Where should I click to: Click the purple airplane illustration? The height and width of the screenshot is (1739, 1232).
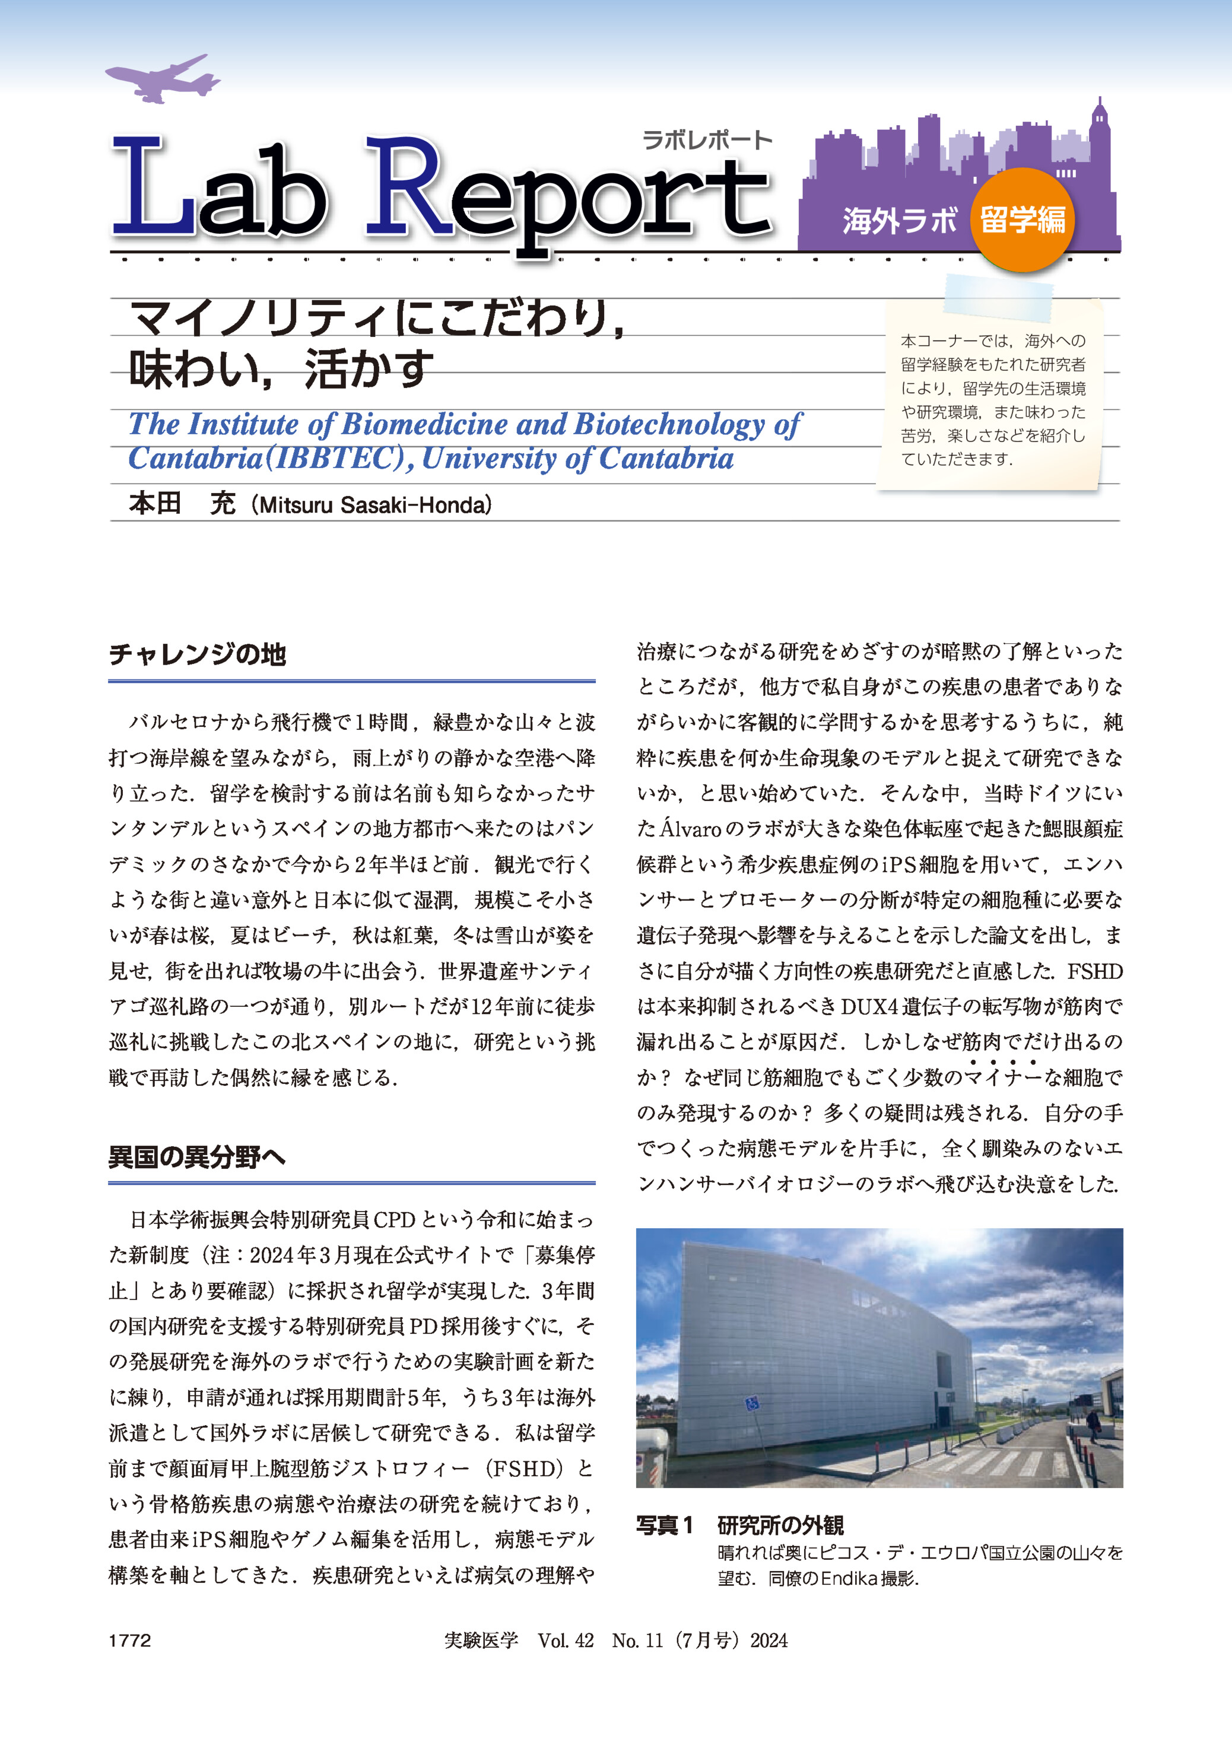[161, 78]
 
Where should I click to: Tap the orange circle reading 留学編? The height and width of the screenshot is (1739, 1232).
[1023, 220]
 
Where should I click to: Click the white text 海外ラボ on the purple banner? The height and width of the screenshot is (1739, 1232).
[900, 221]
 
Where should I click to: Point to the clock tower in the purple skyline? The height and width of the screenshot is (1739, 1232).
[1098, 129]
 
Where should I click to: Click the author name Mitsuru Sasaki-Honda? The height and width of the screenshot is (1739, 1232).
[374, 505]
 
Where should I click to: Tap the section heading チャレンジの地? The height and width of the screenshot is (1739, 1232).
[197, 654]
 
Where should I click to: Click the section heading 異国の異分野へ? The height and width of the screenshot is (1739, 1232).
[196, 1156]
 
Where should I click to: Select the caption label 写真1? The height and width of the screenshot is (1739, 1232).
[665, 1525]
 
